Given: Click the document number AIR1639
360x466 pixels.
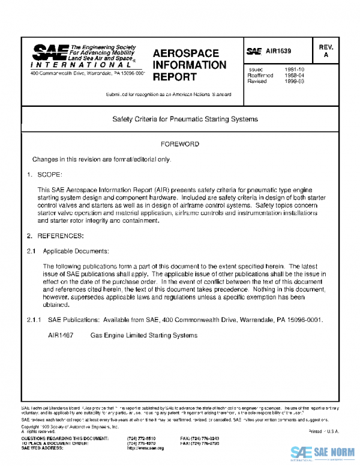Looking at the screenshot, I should tap(280, 52).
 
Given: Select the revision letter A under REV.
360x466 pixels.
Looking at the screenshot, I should tap(326, 55).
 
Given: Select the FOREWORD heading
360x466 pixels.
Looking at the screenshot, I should tap(180, 145).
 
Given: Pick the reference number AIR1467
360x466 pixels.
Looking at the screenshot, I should tap(61, 335).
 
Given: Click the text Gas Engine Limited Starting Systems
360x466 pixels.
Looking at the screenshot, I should tap(143, 335).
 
